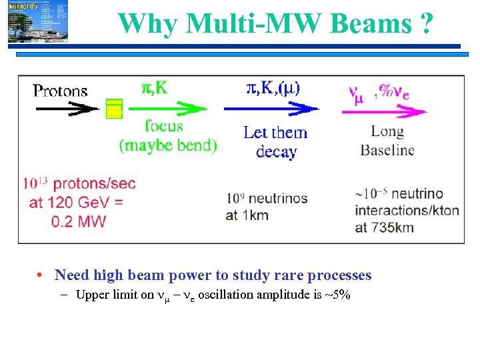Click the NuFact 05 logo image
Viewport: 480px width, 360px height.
(x=38, y=22)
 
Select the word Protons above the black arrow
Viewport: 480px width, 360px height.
(x=61, y=91)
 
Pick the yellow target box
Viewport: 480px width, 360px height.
(x=115, y=109)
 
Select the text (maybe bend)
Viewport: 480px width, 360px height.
(x=168, y=145)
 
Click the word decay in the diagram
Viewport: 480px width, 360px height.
(x=276, y=151)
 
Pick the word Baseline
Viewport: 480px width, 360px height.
(x=387, y=150)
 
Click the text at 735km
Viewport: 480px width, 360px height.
(x=385, y=227)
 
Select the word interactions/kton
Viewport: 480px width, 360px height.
(x=407, y=211)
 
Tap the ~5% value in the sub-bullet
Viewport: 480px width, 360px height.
(x=338, y=295)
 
